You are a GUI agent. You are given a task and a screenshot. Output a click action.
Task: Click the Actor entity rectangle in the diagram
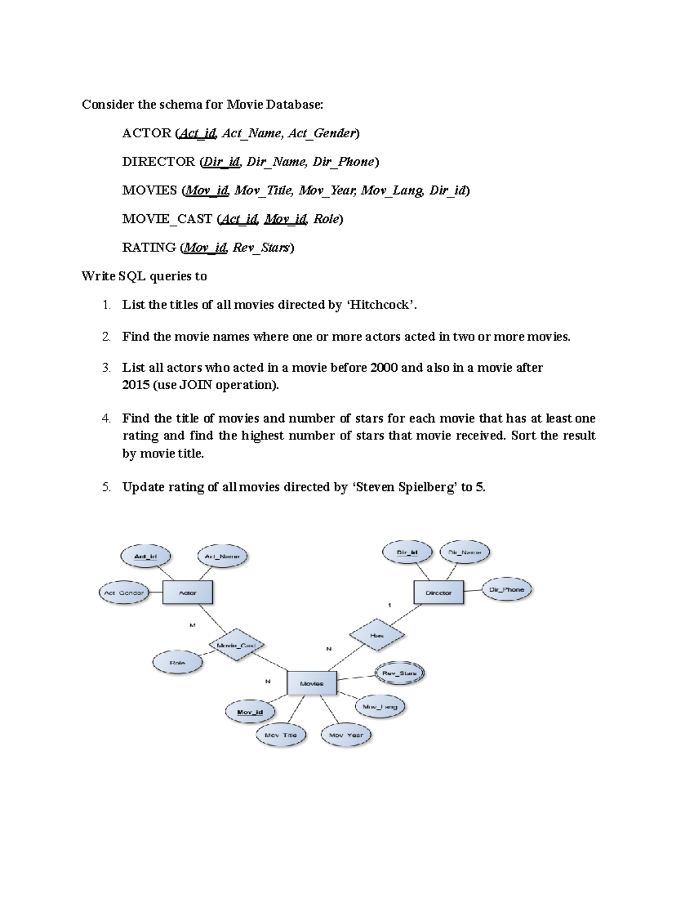187,593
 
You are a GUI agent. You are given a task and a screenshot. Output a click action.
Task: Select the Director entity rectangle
438,593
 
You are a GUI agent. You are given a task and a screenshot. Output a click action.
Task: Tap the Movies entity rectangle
312,684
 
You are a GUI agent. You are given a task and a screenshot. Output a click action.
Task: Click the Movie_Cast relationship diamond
236,645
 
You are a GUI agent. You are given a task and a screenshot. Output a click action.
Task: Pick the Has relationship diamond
376,635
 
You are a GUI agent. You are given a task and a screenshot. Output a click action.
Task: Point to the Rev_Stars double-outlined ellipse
400,673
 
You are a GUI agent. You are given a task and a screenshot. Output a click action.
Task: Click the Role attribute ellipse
178,663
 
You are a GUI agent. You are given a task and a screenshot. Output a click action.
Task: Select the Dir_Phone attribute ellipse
507,590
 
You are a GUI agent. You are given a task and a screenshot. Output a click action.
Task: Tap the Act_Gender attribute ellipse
124,593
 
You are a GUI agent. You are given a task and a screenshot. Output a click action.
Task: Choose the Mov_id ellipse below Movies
250,712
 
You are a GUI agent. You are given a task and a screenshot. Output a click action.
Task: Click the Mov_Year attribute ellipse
346,735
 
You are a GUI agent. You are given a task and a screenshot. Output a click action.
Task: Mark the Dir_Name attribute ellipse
464,552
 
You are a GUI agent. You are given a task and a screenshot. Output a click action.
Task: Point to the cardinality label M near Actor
193,625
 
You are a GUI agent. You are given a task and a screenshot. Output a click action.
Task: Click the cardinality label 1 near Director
390,605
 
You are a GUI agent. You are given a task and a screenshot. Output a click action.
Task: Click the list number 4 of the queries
106,419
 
